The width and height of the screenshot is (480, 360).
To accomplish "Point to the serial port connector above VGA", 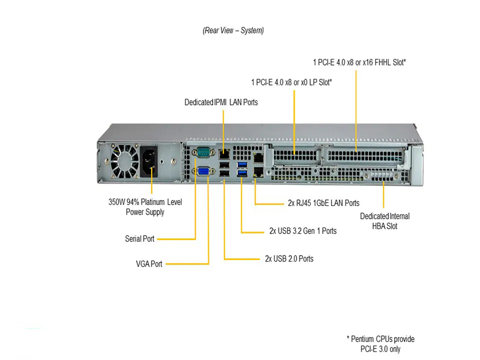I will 204,152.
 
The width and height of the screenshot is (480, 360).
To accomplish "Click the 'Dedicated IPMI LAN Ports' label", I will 221,102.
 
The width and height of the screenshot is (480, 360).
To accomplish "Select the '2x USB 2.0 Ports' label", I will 289,259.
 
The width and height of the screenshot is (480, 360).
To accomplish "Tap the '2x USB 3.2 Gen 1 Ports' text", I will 302,231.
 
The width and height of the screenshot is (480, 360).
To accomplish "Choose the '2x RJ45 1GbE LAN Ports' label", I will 323,203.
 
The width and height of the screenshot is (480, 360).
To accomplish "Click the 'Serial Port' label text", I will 139,239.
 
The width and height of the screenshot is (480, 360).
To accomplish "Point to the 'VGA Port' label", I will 149,263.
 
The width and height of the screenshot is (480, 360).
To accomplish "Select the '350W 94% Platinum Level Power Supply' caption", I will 145,207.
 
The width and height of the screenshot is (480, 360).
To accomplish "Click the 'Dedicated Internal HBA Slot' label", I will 384,221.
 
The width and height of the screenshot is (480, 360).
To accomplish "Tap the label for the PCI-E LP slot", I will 291,82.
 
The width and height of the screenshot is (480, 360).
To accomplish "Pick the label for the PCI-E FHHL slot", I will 359,62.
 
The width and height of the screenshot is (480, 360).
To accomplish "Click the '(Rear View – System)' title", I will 233,30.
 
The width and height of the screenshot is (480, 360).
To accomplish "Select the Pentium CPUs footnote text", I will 380,344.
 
